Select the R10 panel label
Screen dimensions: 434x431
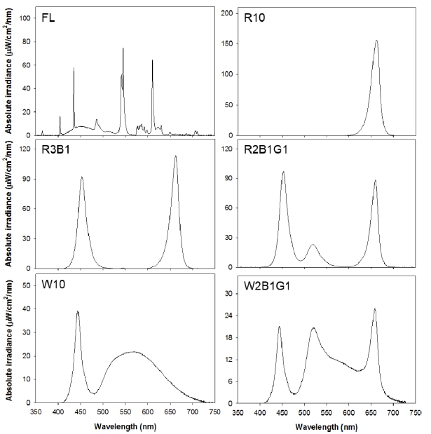253,18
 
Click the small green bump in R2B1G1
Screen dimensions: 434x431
313,245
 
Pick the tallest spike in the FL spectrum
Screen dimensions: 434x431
123,48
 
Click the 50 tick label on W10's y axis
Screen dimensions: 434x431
26,285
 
